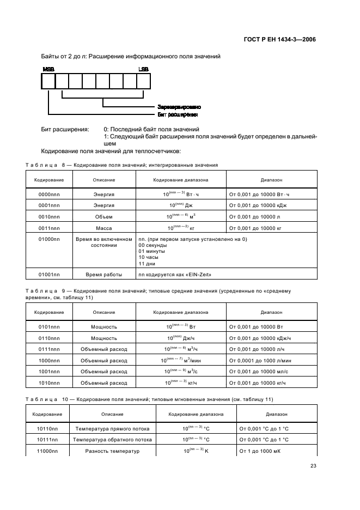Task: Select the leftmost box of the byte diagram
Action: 48,81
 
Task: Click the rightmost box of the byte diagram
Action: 143,81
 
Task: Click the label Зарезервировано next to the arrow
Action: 179,107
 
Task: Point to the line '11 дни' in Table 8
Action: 147,263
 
